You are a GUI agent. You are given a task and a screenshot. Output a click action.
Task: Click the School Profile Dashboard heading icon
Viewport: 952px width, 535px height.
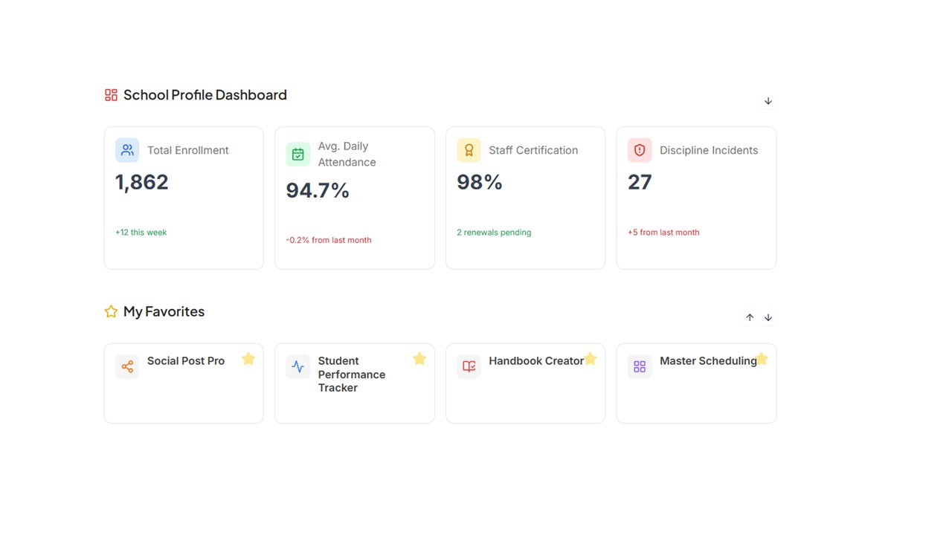pyautogui.click(x=111, y=95)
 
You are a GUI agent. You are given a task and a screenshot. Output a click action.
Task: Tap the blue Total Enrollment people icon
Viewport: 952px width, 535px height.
pyautogui.click(x=127, y=150)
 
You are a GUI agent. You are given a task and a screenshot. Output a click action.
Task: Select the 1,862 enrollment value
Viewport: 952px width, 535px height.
pyautogui.click(x=142, y=182)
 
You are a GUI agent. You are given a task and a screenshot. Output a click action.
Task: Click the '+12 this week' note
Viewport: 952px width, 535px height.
pyautogui.click(x=141, y=233)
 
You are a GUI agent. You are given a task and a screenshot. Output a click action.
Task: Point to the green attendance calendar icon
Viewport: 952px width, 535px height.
pyautogui.click(x=297, y=155)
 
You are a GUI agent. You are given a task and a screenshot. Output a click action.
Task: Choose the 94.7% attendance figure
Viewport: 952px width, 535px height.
pyautogui.click(x=318, y=191)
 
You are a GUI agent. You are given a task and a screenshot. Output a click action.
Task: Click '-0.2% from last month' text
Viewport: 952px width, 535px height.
pyautogui.click(x=329, y=240)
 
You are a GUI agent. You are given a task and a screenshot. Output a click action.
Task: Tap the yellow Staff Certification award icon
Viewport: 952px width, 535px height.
pyautogui.click(x=469, y=150)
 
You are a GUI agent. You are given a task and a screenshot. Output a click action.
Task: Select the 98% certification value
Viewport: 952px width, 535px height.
pyautogui.click(x=480, y=182)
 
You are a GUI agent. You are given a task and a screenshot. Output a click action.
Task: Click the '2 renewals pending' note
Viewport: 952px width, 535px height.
pyautogui.click(x=494, y=233)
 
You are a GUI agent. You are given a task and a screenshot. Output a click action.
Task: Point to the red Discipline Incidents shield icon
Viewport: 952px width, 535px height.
pyautogui.click(x=640, y=150)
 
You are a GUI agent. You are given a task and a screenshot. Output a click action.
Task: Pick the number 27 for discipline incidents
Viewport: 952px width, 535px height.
pyautogui.click(x=640, y=182)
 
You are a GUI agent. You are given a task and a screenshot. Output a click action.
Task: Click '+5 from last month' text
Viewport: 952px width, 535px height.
pyautogui.click(x=663, y=233)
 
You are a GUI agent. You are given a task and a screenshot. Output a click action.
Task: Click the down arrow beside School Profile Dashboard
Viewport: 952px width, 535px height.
pyautogui.click(x=768, y=101)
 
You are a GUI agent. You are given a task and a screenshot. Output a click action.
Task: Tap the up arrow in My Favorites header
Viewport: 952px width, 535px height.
pyautogui.click(x=750, y=317)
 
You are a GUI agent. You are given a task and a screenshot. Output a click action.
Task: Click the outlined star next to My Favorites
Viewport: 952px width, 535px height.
pyautogui.click(x=111, y=311)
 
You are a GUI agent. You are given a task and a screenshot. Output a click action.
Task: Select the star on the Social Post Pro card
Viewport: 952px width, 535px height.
pyautogui.click(x=248, y=359)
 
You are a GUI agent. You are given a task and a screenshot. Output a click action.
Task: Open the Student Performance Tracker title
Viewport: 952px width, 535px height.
pyautogui.click(x=351, y=374)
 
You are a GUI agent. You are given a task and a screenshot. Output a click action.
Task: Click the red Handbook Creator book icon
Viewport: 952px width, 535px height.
pyautogui.click(x=469, y=366)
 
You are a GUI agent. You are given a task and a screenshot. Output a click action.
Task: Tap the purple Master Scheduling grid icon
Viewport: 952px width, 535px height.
pyautogui.click(x=640, y=366)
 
